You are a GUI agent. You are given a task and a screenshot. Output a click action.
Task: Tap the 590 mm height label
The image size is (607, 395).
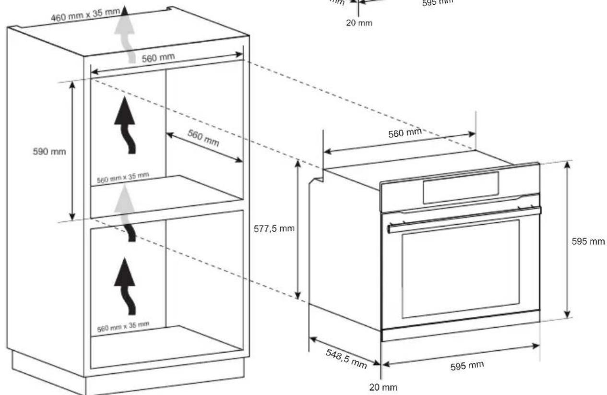pos(53,151)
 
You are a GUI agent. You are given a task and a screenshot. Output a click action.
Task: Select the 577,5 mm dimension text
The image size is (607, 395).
pos(274,228)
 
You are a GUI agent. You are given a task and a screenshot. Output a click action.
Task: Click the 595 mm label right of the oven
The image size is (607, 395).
pos(588,241)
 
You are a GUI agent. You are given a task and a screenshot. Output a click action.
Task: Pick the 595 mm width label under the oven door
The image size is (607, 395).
pos(467,366)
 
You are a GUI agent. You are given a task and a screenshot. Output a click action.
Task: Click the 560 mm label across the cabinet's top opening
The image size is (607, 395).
pos(158,58)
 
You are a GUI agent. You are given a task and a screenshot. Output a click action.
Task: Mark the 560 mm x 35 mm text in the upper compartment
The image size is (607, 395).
pos(123,178)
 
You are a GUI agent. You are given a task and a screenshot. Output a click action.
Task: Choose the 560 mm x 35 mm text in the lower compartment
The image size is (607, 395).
pos(123,326)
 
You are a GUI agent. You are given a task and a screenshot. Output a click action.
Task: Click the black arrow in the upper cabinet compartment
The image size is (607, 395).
pos(125,124)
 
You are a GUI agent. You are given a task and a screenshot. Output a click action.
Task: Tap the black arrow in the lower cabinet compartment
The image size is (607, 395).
pos(125,286)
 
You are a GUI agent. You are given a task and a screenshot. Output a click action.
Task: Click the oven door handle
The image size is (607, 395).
pos(464,219)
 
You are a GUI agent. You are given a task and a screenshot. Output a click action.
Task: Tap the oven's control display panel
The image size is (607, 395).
pos(460,187)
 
